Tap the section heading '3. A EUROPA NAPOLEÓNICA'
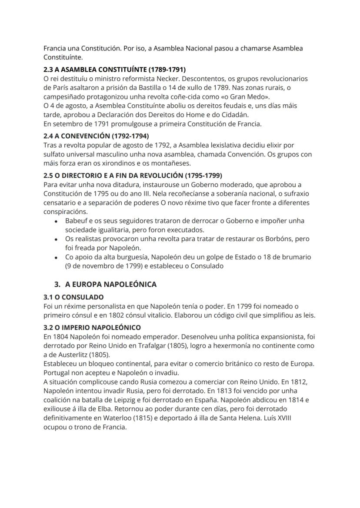[x=105, y=285]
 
